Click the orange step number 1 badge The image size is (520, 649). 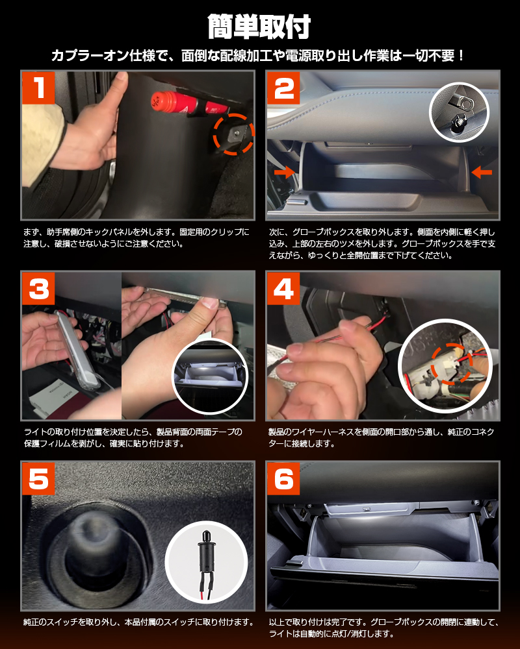pyautogui.click(x=38, y=88)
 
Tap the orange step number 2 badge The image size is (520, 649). pyautogui.click(x=283, y=88)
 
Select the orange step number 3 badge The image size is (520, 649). pyautogui.click(x=38, y=288)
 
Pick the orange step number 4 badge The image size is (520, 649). pyautogui.click(x=283, y=288)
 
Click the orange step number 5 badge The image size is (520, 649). pyautogui.click(x=38, y=479)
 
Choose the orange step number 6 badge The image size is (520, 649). pyautogui.click(x=283, y=479)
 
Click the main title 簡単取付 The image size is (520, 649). pyautogui.click(x=259, y=27)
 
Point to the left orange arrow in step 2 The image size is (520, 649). pyautogui.click(x=285, y=172)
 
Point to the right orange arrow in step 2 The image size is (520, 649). pyautogui.click(x=482, y=172)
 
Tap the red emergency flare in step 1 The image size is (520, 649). pyautogui.click(x=189, y=104)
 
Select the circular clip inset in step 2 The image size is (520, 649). pyautogui.click(x=459, y=112)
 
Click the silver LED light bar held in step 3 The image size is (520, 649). pyautogui.click(x=77, y=350)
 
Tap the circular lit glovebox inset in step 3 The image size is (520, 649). pyautogui.click(x=209, y=376)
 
